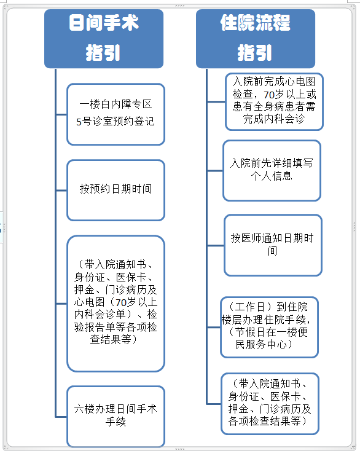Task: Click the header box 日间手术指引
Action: pyautogui.click(x=104, y=39)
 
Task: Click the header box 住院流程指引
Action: pyautogui.click(x=256, y=39)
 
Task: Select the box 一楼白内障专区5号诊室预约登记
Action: pyautogui.click(x=115, y=114)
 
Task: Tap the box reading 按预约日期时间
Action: pyautogui.click(x=115, y=190)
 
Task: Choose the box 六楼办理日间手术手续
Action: pyautogui.click(x=115, y=417)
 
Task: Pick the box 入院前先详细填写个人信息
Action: pyautogui.click(x=272, y=171)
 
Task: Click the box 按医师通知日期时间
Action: pyautogui.click(x=273, y=245)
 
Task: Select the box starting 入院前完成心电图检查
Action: pyautogui.click(x=274, y=101)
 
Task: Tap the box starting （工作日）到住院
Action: pyautogui.click(x=269, y=327)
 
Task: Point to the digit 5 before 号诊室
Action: pyautogui.click(x=79, y=122)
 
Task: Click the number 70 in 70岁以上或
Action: pyautogui.click(x=269, y=95)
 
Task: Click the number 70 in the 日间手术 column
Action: pyautogui.click(x=121, y=303)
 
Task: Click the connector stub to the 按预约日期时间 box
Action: pyautogui.click(x=61, y=191)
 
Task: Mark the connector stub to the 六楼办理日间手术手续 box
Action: pyautogui.click(x=61, y=417)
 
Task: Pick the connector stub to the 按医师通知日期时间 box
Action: pyautogui.click(x=216, y=245)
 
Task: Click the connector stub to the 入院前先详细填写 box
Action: pyautogui.click(x=215, y=171)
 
